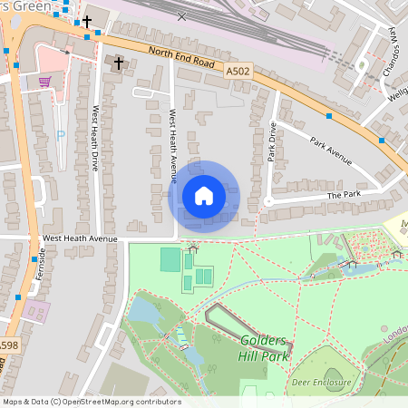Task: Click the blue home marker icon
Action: [x=204, y=196]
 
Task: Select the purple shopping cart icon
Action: [x=44, y=82]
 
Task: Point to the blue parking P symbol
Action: [x=61, y=135]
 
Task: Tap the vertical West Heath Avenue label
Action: [x=173, y=145]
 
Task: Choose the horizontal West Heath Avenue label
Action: [x=81, y=238]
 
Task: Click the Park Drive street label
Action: [x=271, y=142]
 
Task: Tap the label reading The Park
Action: [x=344, y=195]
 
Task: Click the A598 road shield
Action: [x=8, y=345]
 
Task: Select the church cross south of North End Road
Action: [x=119, y=63]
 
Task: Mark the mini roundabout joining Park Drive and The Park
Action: [x=268, y=201]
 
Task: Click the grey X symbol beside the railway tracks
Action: [x=183, y=16]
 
